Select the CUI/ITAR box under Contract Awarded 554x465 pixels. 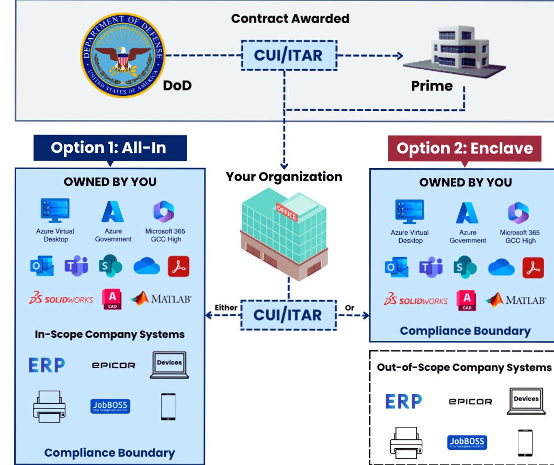(x=288, y=54)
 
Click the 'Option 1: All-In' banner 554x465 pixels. (x=108, y=148)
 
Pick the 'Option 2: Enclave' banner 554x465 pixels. (x=465, y=148)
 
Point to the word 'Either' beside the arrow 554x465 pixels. (x=225, y=308)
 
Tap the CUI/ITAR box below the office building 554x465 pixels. (x=288, y=315)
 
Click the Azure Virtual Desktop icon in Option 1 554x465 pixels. (x=55, y=211)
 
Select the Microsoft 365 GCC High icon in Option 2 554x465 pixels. (x=518, y=213)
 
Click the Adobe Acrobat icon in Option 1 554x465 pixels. (x=178, y=267)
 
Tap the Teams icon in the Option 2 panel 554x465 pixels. (x=431, y=268)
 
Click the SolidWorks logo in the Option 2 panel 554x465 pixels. (x=416, y=301)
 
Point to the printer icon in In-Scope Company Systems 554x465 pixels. (x=49, y=406)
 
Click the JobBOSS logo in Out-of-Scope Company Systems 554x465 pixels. (x=467, y=442)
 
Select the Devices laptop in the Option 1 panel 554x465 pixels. (x=169, y=365)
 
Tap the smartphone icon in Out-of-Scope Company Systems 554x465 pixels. (x=525, y=442)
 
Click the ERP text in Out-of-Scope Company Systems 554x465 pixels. (x=403, y=401)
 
